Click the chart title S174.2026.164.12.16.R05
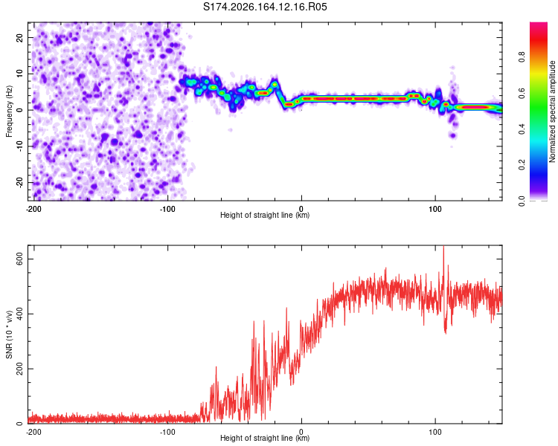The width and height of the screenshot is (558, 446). coord(265,7)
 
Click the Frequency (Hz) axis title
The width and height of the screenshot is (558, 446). coord(9,111)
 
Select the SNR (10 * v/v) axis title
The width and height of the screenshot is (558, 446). coord(9,334)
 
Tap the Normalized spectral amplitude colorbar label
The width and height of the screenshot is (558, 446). coord(552,111)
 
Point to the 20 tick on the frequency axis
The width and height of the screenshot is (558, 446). coord(19,37)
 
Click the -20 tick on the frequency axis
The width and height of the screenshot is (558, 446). coord(19,182)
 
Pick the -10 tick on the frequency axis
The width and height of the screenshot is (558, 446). coord(19,146)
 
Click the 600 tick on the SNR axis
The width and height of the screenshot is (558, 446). coord(19,259)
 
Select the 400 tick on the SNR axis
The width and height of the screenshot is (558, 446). coord(19,314)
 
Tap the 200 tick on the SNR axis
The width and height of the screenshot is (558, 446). coord(19,369)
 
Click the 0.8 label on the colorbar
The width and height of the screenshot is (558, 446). coord(522,57)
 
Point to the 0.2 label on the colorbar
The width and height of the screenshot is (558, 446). coord(522,165)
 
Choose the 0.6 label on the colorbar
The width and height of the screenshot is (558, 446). coord(522,93)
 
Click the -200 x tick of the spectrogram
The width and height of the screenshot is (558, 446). coord(33,209)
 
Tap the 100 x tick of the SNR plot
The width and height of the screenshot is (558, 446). coord(435,432)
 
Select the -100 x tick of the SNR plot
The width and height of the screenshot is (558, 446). coord(167,432)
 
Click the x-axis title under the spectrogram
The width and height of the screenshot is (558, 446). coord(265,215)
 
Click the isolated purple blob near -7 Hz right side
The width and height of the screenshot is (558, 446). coord(452,135)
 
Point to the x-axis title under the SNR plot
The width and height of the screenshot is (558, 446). coord(265,438)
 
